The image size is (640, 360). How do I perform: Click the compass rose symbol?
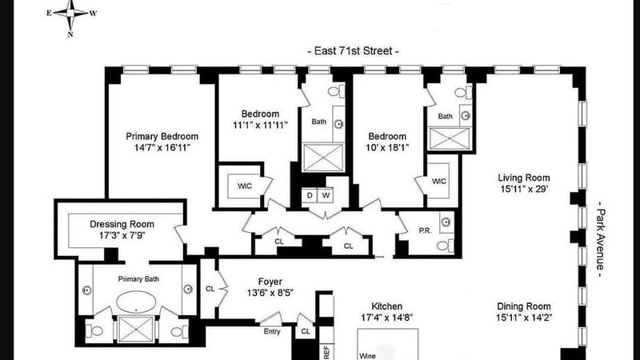(x=71, y=14)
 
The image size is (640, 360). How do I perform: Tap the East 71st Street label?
(x=353, y=51)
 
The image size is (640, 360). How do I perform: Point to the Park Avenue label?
(x=601, y=239)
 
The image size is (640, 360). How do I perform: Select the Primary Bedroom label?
(x=162, y=136)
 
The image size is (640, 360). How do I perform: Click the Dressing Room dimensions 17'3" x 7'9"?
(x=122, y=235)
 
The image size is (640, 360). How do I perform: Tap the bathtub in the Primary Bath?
(x=136, y=302)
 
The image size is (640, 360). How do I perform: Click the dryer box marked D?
(x=310, y=195)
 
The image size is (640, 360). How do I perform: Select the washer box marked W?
(x=326, y=195)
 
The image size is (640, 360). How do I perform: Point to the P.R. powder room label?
(x=425, y=230)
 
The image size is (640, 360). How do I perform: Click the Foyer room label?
(x=270, y=282)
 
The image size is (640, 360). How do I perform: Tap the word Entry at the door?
(x=272, y=331)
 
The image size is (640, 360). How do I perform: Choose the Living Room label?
(x=524, y=178)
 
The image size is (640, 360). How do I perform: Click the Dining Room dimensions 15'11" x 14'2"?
(x=524, y=318)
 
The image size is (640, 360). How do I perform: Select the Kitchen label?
(x=387, y=306)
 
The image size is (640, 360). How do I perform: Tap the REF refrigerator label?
(x=326, y=352)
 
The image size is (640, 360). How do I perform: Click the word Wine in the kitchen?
(x=367, y=356)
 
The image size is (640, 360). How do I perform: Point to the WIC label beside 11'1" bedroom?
(x=245, y=186)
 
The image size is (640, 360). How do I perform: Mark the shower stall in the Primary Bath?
(x=136, y=329)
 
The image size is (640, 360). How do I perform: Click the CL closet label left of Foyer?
(x=210, y=289)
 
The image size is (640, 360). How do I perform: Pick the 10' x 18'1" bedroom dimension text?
(x=387, y=148)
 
